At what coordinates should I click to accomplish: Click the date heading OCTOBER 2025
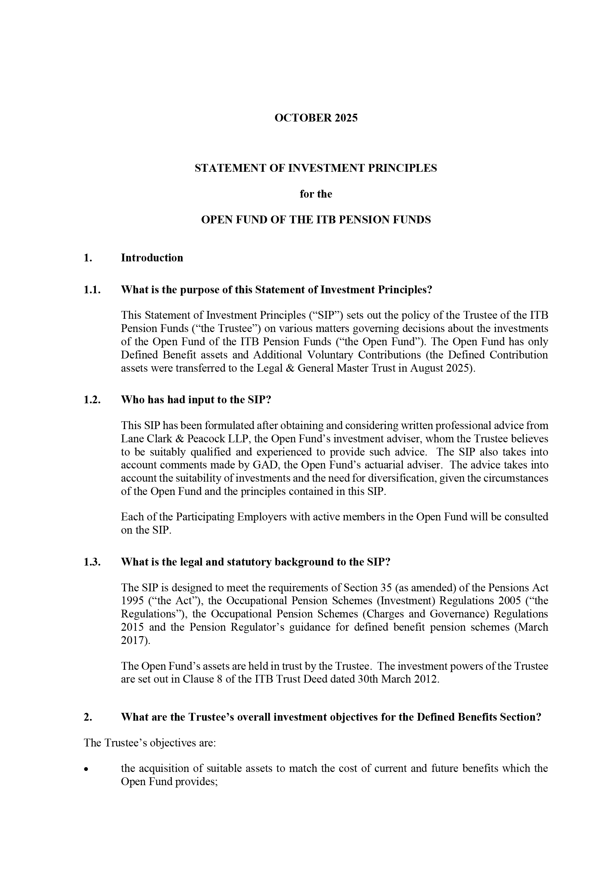coord(316,118)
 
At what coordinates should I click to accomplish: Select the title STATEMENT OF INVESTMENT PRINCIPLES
coord(316,168)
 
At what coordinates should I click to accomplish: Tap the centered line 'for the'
coord(316,194)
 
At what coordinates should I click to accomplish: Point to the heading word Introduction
coord(152,258)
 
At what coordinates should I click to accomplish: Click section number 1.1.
coord(92,290)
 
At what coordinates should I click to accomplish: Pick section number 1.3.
coord(92,562)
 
